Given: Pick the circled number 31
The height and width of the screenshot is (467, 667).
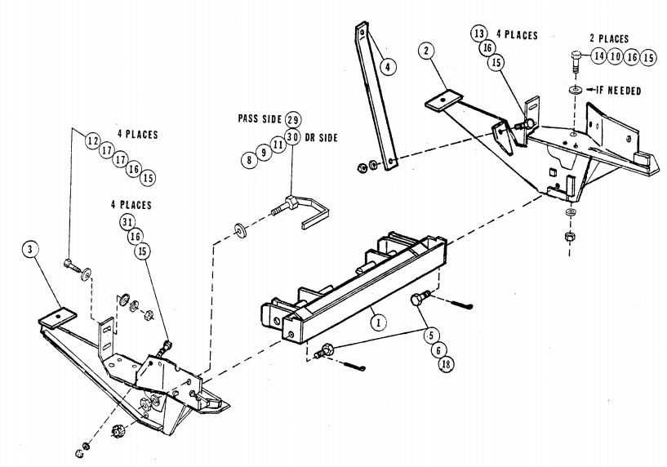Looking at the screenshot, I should point(127,221).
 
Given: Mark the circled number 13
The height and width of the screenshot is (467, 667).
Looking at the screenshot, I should point(479,33).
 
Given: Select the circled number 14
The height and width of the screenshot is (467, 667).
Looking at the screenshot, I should point(598,56).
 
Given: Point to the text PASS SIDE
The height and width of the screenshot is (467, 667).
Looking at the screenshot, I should point(259,120).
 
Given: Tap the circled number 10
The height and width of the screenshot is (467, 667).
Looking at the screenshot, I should point(616,56).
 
